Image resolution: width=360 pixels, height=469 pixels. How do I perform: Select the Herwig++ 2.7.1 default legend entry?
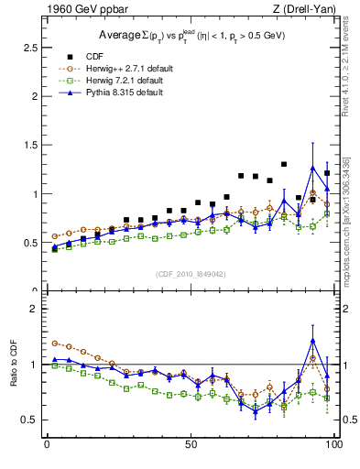[120, 67]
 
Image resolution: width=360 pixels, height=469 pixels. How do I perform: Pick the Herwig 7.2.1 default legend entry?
[119, 80]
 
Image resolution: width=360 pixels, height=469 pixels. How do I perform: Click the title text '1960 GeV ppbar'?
[78, 9]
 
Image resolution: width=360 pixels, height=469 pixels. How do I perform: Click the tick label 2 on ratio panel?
[35, 309]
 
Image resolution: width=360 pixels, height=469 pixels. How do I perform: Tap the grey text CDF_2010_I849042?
[190, 273]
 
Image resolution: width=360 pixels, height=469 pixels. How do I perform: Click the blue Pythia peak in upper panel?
[312, 168]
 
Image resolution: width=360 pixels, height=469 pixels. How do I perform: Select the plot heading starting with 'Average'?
[190, 35]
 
